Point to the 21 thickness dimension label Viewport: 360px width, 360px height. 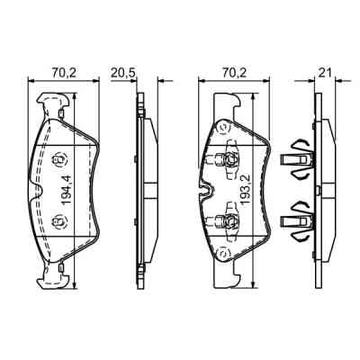(x=326, y=70)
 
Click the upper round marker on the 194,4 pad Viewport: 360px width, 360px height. (x=61, y=162)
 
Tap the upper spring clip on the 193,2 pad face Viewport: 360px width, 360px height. (x=228, y=162)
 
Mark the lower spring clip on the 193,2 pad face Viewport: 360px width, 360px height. (x=228, y=220)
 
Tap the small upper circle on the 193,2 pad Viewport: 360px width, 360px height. (x=228, y=129)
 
